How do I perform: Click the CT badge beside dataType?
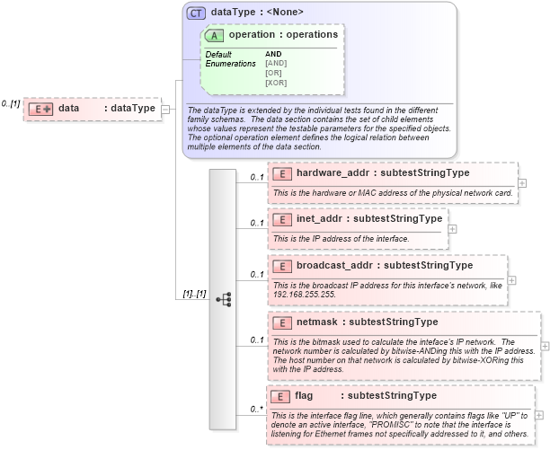195,13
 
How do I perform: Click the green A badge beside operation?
215,35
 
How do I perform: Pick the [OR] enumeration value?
273,73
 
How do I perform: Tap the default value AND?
273,54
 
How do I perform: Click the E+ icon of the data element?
40,109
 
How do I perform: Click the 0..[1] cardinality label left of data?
11,104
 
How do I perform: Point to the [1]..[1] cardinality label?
194,293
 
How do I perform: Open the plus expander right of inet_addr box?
452,228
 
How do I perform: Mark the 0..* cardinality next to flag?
256,410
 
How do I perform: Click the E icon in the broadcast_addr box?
282,265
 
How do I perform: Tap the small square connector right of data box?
166,109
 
